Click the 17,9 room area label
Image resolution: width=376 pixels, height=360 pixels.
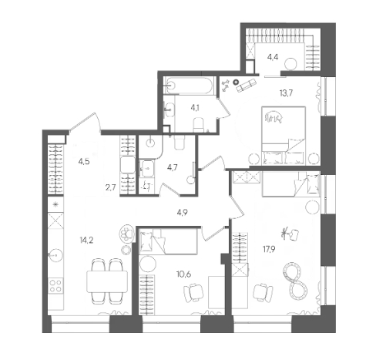tap(269, 249)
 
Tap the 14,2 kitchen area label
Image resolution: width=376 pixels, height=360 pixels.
tap(86, 241)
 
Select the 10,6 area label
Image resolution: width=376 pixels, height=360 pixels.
tap(183, 274)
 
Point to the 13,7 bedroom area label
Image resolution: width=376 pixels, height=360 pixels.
tap(287, 93)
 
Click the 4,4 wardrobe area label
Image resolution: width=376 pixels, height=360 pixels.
tap(273, 57)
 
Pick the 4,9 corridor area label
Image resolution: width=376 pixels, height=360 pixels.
tap(182, 212)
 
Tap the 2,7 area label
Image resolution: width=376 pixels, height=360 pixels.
tap(110, 187)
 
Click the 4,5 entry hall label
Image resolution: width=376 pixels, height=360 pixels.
tap(84, 162)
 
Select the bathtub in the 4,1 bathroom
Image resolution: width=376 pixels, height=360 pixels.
tap(189, 86)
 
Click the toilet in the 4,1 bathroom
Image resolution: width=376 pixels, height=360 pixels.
tap(199, 125)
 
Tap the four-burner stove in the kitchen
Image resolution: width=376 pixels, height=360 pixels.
tap(55, 286)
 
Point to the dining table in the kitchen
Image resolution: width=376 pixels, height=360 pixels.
tap(107, 281)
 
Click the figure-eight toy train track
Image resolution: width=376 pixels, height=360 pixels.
tap(295, 280)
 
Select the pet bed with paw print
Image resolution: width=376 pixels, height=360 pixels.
tap(127, 234)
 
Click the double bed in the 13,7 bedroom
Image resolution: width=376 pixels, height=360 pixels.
tap(284, 136)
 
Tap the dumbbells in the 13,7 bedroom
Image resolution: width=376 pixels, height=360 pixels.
tap(226, 86)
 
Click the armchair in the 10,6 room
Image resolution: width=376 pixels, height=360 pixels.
tap(193, 293)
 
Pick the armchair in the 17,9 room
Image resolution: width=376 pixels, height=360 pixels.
tap(263, 292)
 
